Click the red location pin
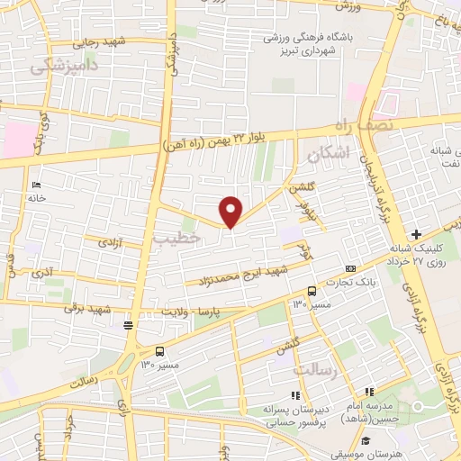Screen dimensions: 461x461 231,212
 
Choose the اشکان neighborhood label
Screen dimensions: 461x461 325,154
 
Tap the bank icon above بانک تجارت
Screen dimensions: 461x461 350,269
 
